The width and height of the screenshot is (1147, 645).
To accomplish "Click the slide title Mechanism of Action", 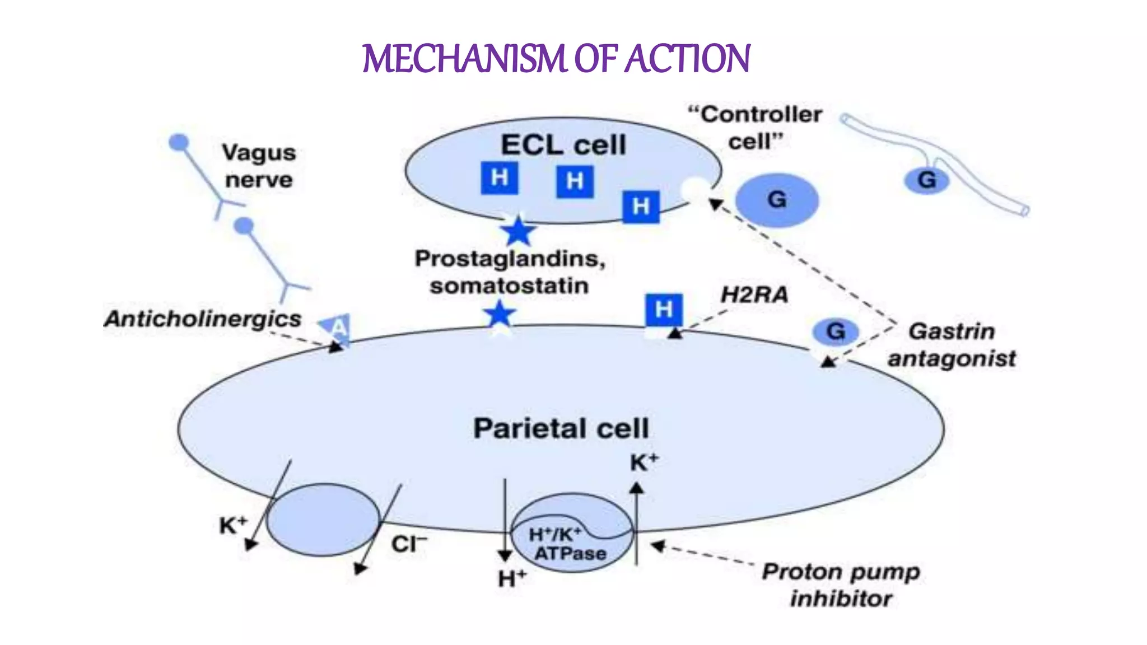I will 556,59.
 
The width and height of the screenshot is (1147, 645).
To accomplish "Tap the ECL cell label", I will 563,145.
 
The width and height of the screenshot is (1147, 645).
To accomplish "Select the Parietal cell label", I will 561,428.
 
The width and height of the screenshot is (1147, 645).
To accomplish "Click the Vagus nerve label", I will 259,166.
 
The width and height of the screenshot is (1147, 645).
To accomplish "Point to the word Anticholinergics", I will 203,319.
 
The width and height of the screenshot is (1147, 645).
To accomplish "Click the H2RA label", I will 754,295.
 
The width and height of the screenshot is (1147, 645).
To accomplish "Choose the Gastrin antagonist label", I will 952,344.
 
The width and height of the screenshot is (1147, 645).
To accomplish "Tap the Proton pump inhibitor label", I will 841,585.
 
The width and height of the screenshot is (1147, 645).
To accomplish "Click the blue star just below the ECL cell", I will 517,231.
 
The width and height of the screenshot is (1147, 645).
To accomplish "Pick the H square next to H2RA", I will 664,310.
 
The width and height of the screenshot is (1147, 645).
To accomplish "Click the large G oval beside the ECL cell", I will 777,200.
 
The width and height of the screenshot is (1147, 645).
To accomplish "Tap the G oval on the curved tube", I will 927,180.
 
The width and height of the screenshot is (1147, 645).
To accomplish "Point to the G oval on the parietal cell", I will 835,331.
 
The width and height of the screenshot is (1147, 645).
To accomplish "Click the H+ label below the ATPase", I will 512,578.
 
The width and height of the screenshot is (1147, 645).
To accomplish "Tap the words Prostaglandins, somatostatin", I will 510,272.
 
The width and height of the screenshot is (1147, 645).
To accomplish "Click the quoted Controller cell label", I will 755,128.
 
